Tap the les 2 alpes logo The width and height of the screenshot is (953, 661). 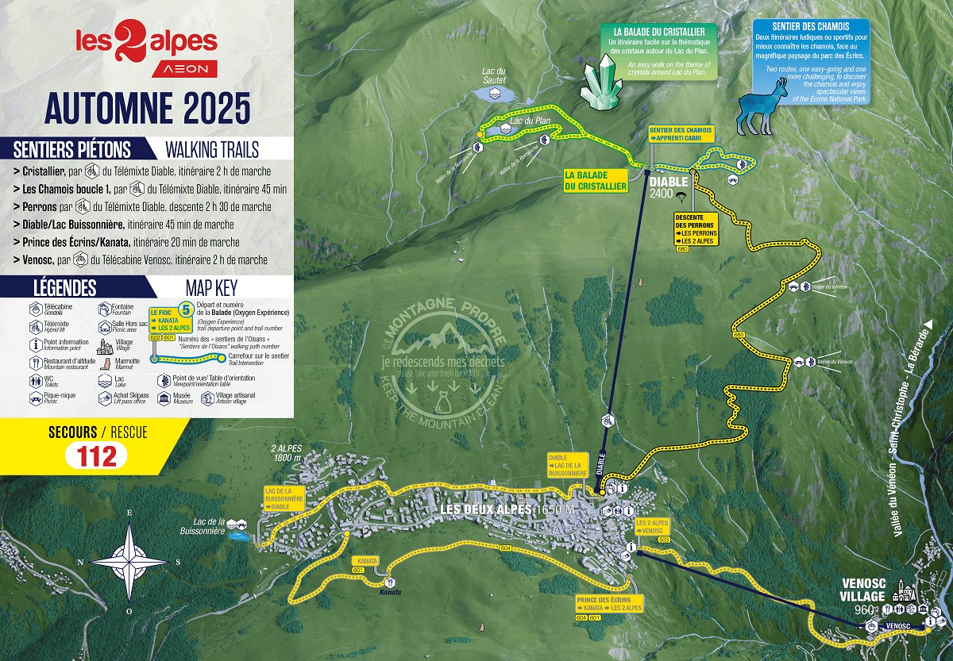[146, 49]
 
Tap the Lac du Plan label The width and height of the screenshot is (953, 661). [531, 121]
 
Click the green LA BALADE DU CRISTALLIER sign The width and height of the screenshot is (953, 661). [595, 180]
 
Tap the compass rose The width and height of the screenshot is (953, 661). [130, 560]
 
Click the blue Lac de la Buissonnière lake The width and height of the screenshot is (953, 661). [237, 537]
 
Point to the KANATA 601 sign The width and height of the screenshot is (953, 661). [368, 563]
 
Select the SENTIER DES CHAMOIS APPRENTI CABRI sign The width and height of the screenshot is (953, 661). [680, 133]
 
